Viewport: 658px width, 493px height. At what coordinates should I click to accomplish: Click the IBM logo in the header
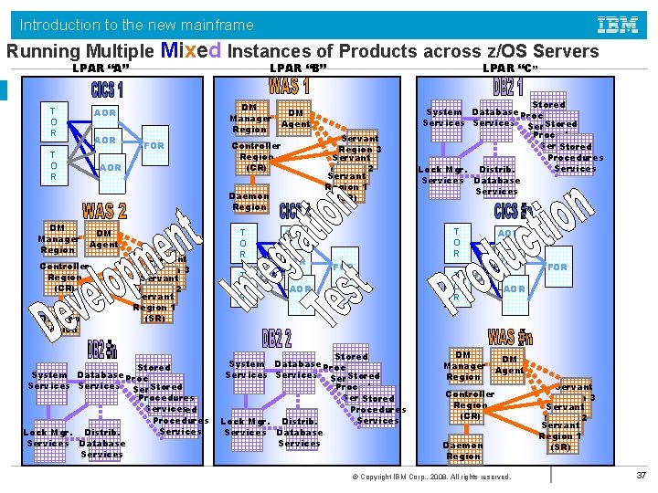(617, 24)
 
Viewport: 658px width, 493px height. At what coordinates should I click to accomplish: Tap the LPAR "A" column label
(101, 69)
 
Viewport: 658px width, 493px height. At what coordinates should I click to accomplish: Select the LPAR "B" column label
(298, 69)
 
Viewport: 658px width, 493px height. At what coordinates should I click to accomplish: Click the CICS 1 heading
(107, 90)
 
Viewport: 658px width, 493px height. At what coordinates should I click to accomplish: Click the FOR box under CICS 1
(154, 146)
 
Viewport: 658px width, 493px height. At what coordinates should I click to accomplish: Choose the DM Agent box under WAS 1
(296, 118)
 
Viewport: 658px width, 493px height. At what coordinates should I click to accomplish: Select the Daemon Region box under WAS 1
(249, 202)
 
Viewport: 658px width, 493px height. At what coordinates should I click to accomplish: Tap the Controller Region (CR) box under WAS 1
(256, 156)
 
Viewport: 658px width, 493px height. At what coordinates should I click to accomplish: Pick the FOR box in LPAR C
(557, 267)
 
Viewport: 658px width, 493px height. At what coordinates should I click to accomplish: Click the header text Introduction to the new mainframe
(137, 25)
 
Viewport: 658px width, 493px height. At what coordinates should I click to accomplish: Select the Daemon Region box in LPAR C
(463, 450)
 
